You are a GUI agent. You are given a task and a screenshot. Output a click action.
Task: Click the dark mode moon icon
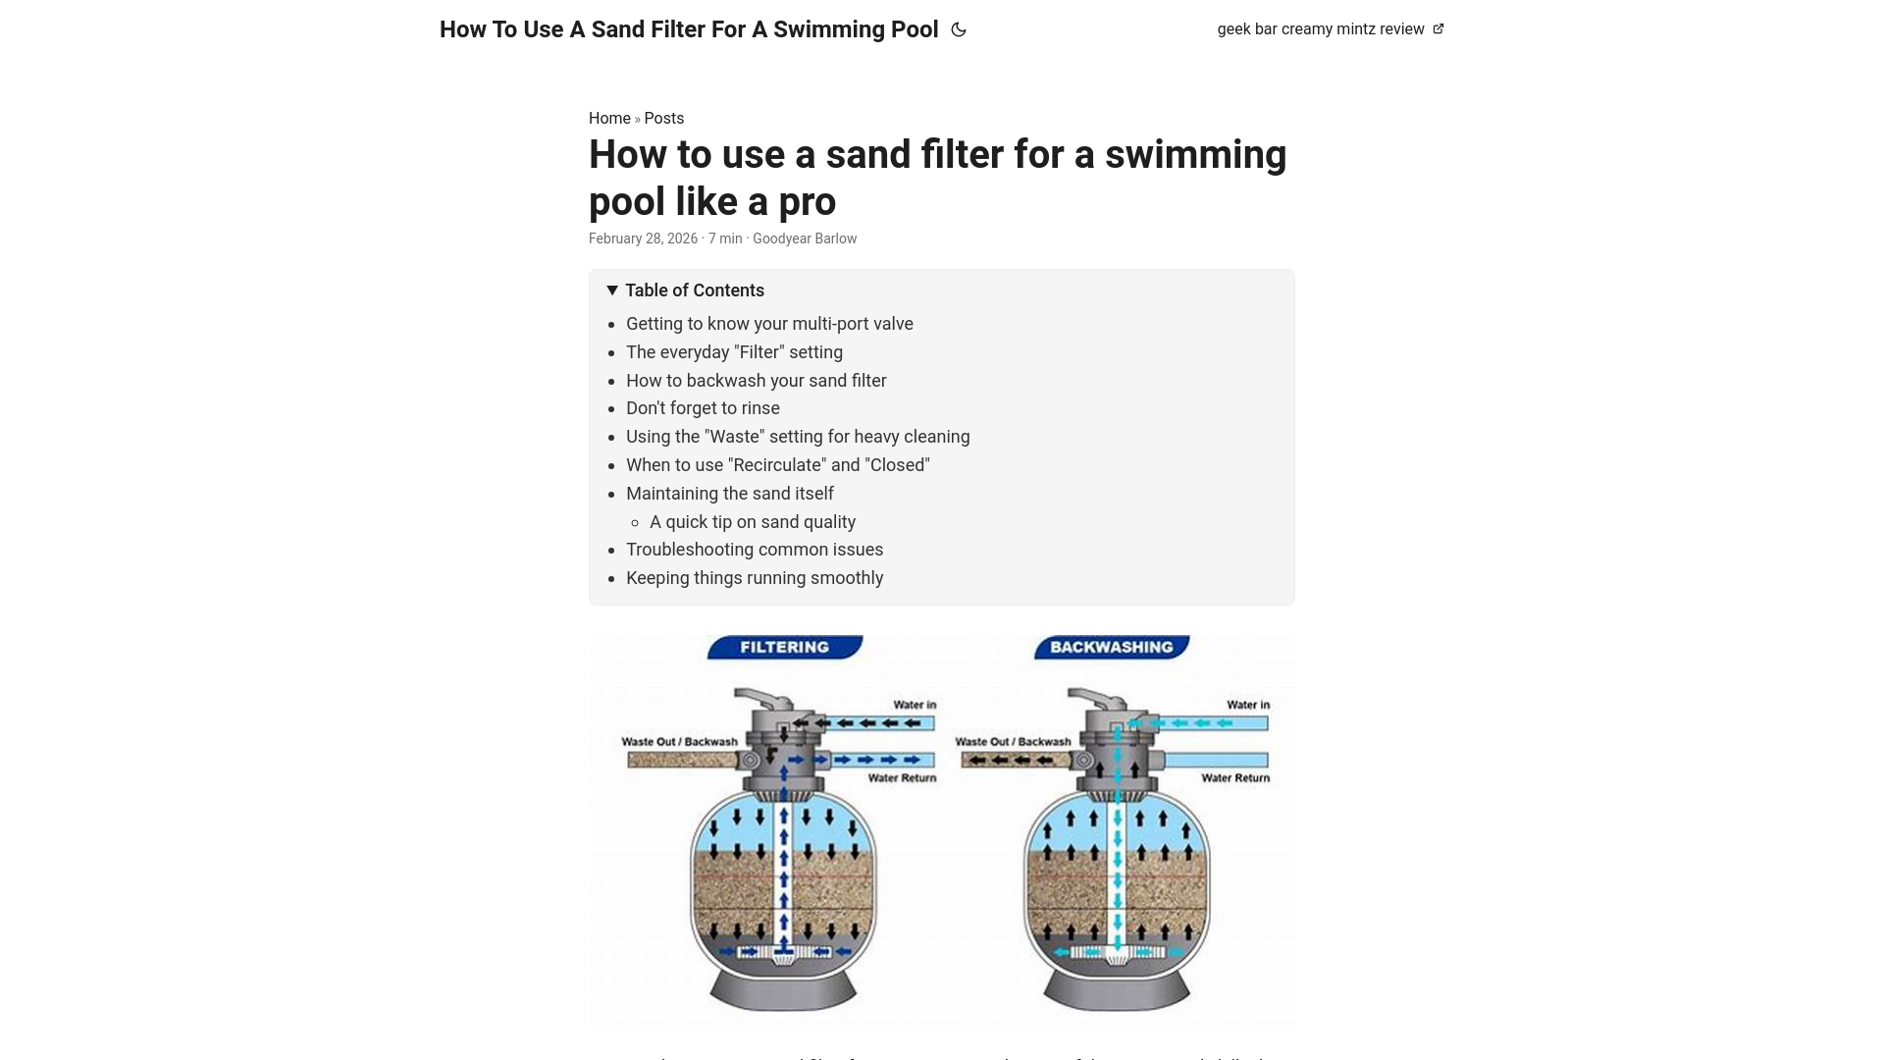(959, 29)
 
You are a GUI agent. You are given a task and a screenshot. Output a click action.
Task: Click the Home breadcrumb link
(609, 118)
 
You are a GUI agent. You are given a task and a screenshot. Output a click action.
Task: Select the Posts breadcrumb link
(664, 118)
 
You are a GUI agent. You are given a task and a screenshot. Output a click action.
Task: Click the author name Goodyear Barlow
(805, 238)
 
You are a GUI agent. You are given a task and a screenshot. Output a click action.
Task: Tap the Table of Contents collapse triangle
(612, 291)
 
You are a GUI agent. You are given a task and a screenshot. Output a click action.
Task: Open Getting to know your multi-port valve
(769, 324)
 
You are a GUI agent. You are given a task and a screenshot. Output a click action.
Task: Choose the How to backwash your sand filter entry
(757, 381)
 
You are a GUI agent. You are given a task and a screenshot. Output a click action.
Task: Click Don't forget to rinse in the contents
(703, 408)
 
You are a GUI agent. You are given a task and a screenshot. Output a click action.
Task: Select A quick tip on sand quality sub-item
(753, 522)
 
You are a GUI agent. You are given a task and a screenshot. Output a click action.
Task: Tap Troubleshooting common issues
(755, 550)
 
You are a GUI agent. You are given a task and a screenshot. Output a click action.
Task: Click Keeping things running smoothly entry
(755, 578)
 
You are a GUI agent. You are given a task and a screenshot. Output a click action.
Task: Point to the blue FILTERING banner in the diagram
(785, 647)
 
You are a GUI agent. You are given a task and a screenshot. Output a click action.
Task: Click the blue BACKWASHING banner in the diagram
(1112, 647)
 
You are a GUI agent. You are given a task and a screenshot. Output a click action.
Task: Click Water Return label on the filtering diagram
(902, 778)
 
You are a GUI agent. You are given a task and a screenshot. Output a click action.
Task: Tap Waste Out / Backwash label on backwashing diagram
(1013, 742)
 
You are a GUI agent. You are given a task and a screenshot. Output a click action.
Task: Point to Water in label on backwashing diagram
(1248, 705)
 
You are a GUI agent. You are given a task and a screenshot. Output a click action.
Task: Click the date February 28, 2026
(643, 238)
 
